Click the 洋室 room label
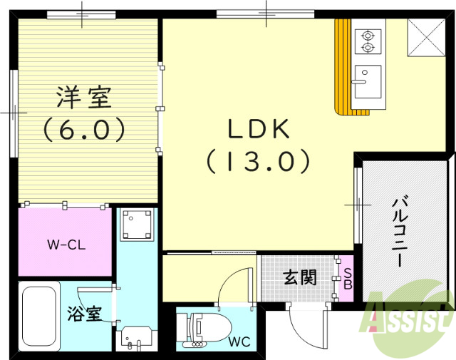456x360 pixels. pos(83,97)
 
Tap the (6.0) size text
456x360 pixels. pos(83,130)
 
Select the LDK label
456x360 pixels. pos(258,129)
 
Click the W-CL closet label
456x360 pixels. pos(66,245)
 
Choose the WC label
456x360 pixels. pos(239,341)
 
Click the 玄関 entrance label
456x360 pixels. pos(298,277)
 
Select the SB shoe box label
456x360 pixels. pos(348,279)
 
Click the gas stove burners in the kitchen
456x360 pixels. pos(368,41)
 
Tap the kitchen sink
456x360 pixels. pos(367,81)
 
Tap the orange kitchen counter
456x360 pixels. pos(344,68)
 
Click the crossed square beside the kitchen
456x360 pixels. pos(425,37)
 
